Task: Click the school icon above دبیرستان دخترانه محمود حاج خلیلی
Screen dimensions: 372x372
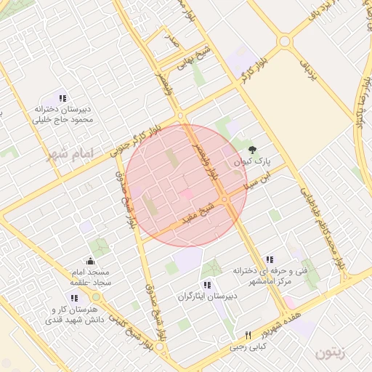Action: tap(63, 98)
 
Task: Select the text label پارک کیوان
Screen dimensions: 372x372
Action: tap(248, 161)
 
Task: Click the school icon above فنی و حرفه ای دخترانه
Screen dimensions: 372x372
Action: tap(270, 259)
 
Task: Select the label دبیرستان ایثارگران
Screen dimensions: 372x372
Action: tap(207, 297)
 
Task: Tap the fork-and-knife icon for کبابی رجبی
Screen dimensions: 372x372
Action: tap(248, 336)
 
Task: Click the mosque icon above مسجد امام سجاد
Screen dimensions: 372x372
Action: tap(90, 260)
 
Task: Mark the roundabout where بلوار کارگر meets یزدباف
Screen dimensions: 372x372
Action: tap(284, 41)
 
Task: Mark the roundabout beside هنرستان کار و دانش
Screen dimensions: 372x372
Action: tap(96, 297)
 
